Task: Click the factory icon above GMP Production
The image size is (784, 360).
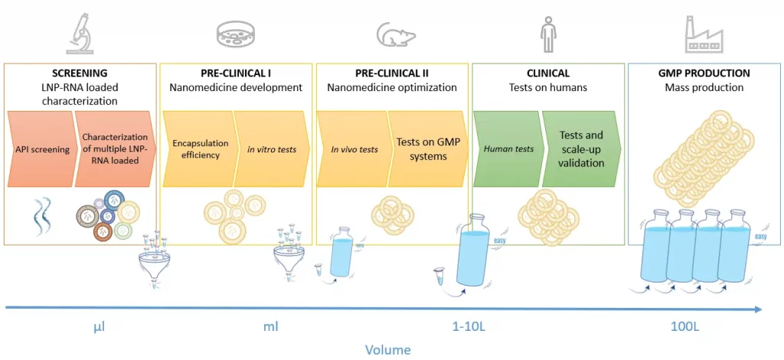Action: pyautogui.click(x=704, y=33)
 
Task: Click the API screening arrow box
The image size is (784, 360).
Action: pyautogui.click(x=39, y=149)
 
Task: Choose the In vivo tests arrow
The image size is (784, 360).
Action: pyautogui.click(x=353, y=149)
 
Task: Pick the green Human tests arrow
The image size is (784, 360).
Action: pyautogui.click(x=508, y=149)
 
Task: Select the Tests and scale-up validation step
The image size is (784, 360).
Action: pyautogui.click(x=581, y=149)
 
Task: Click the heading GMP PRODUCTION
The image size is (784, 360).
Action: pyautogui.click(x=703, y=74)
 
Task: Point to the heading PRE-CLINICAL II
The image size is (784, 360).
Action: pyautogui.click(x=391, y=74)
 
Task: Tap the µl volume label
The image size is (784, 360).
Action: pyautogui.click(x=99, y=327)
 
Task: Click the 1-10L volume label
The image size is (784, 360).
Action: pyautogui.click(x=468, y=327)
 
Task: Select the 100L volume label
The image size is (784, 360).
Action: pyautogui.click(x=686, y=327)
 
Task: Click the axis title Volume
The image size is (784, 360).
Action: pyautogui.click(x=387, y=350)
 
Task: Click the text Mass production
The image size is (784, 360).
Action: pyautogui.click(x=703, y=87)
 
